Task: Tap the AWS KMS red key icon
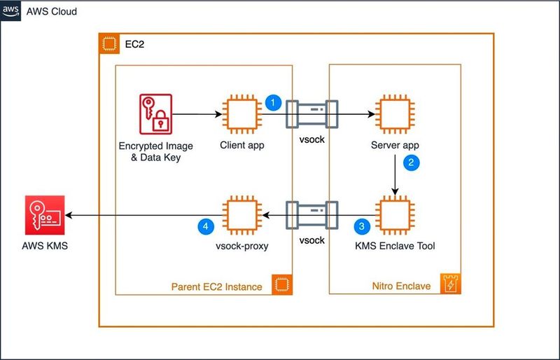coord(44,216)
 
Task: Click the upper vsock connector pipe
coord(311,114)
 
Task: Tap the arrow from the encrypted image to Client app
coord(196,114)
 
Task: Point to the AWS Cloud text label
coord(52,13)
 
